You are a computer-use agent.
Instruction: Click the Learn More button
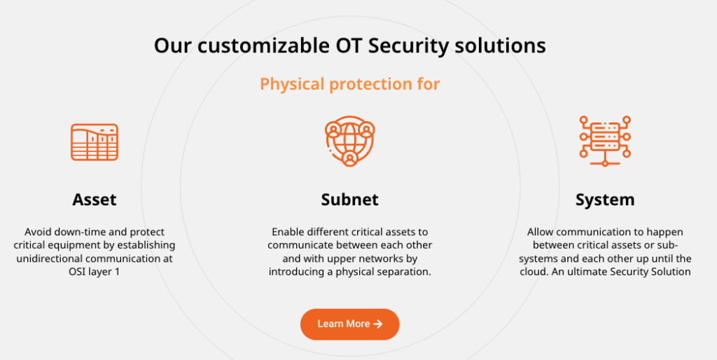coord(349,324)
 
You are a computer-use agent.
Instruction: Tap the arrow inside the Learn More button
coord(378,324)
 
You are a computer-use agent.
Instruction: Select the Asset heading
coord(95,200)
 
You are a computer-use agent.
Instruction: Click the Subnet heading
coord(349,200)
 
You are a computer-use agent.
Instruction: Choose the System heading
coord(605,200)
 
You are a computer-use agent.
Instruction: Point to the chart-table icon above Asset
coord(95,142)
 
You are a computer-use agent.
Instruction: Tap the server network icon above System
coord(605,141)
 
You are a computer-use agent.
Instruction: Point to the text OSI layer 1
coord(95,272)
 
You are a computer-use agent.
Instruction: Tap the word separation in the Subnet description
coord(404,272)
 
